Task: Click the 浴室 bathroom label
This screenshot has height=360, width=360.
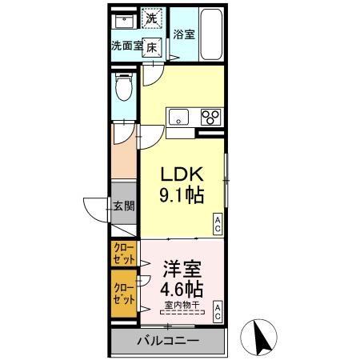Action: pyautogui.click(x=183, y=34)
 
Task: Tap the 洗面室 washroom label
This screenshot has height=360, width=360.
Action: pyautogui.click(x=126, y=46)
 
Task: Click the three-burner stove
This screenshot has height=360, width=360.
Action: pyautogui.click(x=211, y=117)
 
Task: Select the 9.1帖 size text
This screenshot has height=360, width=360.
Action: pyautogui.click(x=183, y=195)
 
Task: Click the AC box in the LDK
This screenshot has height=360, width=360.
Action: pyautogui.click(x=217, y=226)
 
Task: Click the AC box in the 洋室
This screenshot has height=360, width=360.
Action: pyautogui.click(x=217, y=313)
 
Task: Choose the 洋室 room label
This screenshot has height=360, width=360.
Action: pyautogui.click(x=183, y=270)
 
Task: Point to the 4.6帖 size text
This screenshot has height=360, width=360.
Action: pyautogui.click(x=183, y=289)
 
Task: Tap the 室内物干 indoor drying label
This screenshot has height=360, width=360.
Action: pyautogui.click(x=183, y=304)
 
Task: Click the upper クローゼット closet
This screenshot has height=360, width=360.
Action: pyautogui.click(x=124, y=254)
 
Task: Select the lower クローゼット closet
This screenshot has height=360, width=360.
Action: pyautogui.click(x=124, y=291)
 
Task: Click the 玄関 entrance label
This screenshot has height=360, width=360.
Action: pyautogui.click(x=124, y=206)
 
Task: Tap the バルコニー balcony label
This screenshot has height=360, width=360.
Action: pyautogui.click(x=167, y=341)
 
